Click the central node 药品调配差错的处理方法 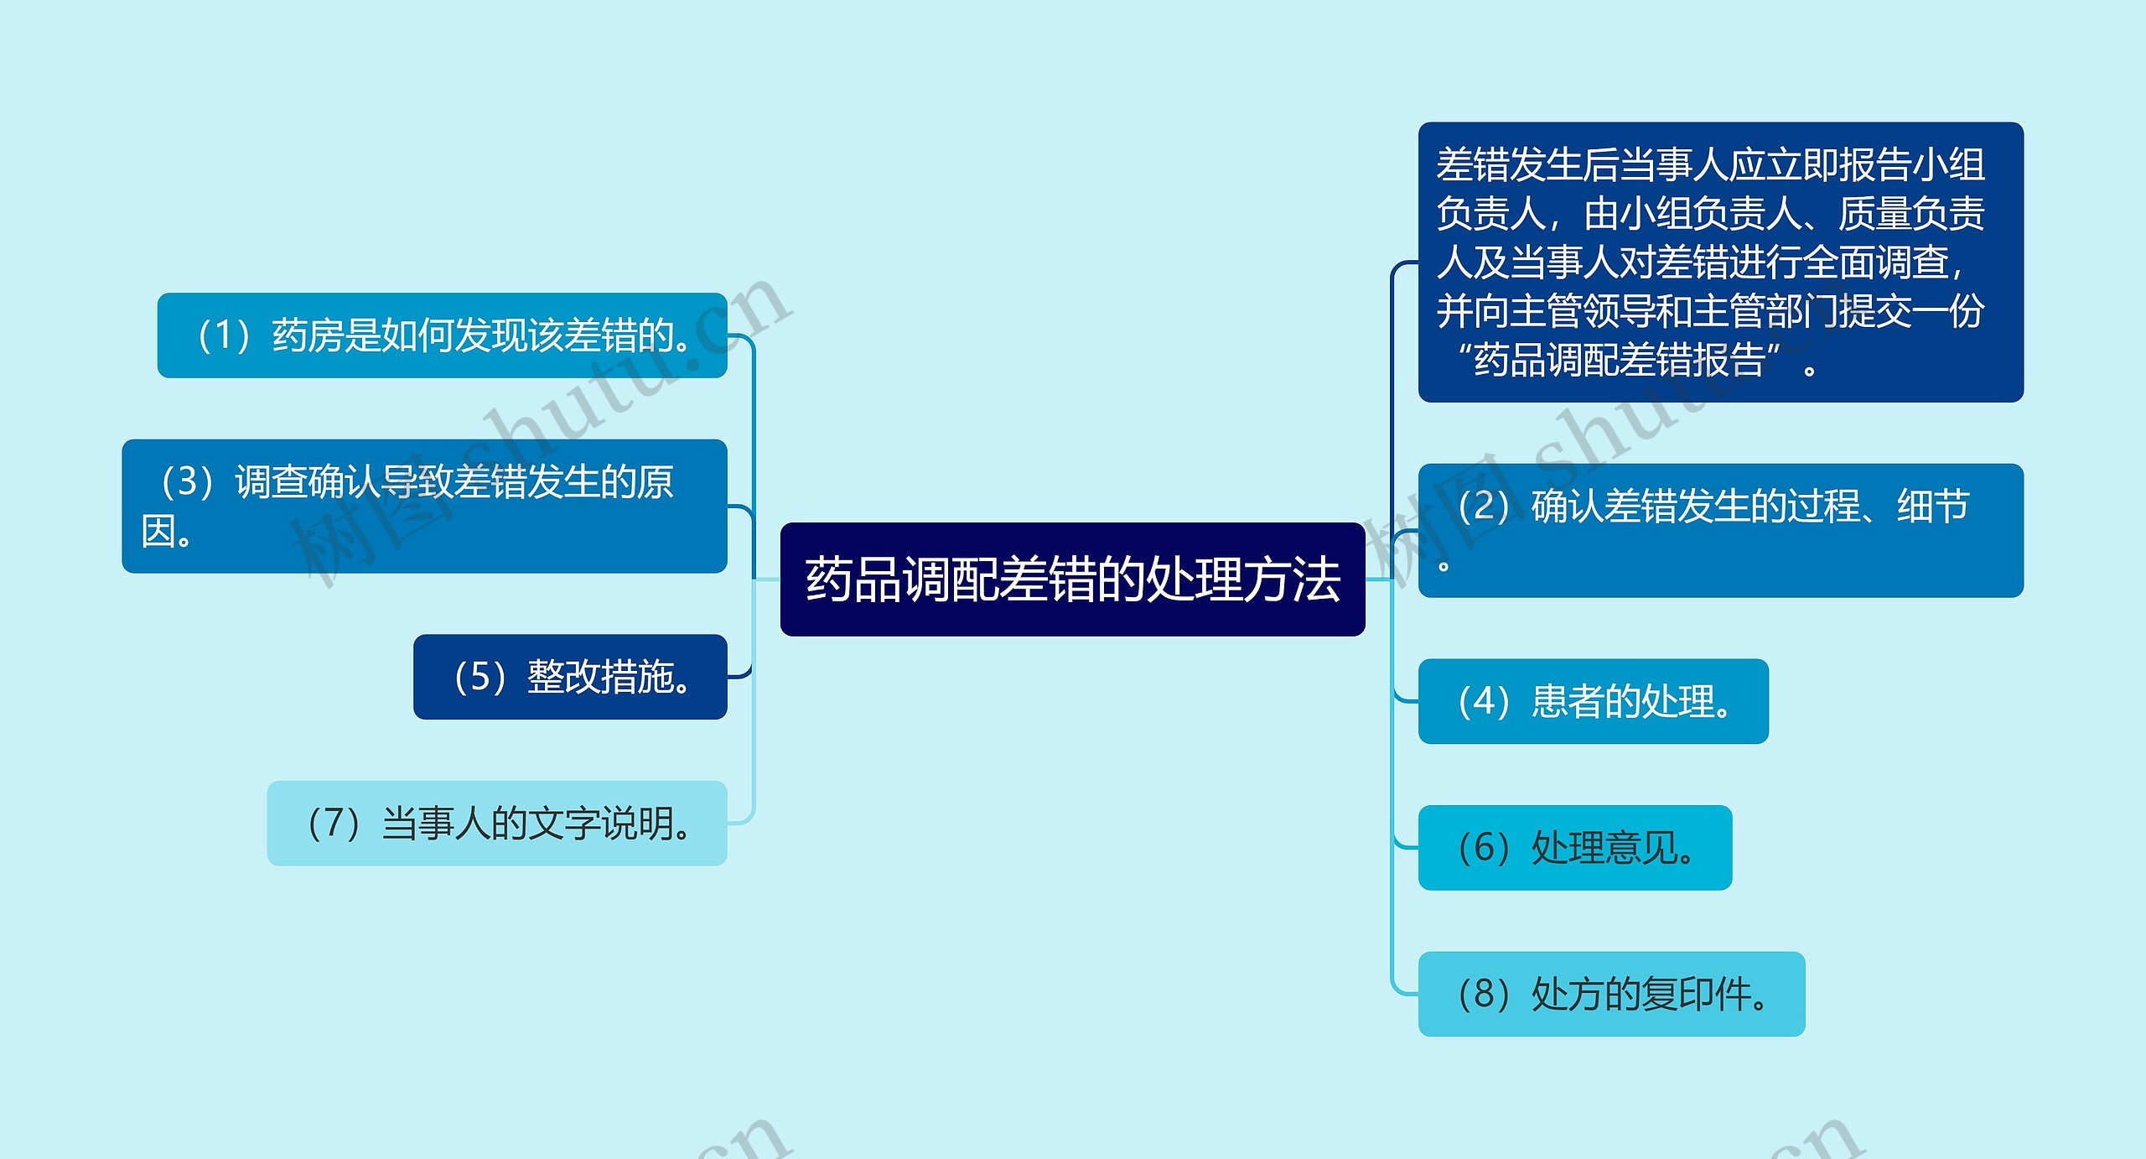pyautogui.click(x=1072, y=579)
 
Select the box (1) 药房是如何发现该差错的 pyautogui.click(x=442, y=335)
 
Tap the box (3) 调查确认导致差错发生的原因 pyautogui.click(x=424, y=506)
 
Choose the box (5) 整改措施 pyautogui.click(x=570, y=677)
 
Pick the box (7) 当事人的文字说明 pyautogui.click(x=496, y=824)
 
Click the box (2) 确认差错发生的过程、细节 pyautogui.click(x=1720, y=530)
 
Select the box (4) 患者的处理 pyautogui.click(x=1593, y=701)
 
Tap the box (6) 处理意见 pyautogui.click(x=1574, y=848)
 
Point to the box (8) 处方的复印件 pyautogui.click(x=1611, y=994)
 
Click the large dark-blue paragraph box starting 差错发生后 pyautogui.click(x=1720, y=262)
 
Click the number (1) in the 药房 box pyautogui.click(x=224, y=335)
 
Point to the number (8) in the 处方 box pyautogui.click(x=1484, y=994)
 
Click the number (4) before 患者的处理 pyautogui.click(x=1484, y=701)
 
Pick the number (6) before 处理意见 pyautogui.click(x=1484, y=848)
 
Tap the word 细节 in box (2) pyautogui.click(x=1933, y=506)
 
